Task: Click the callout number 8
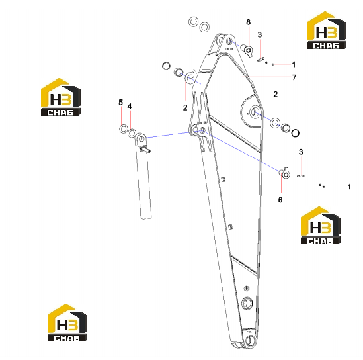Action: click(248, 22)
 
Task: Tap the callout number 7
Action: click(294, 77)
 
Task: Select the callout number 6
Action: click(280, 200)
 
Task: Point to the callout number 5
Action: click(120, 102)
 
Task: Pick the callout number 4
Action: click(130, 107)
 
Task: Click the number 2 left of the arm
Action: click(185, 107)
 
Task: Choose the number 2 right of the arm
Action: click(276, 94)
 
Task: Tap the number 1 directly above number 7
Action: click(294, 64)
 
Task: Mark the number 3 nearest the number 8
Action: click(260, 35)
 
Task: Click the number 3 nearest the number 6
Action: click(301, 152)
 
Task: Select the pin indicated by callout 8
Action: click(247, 50)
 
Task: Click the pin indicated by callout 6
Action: click(285, 173)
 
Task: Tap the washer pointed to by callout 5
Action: click(124, 129)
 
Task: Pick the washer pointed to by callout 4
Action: click(132, 133)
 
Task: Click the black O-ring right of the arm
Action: click(295, 133)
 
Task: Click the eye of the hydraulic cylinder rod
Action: click(140, 139)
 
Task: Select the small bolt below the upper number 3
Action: click(261, 60)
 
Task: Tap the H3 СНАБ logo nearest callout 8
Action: click(327, 30)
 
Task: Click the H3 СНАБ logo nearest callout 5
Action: click(61, 97)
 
